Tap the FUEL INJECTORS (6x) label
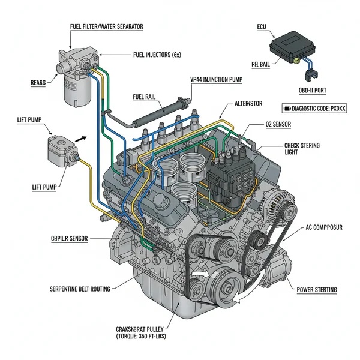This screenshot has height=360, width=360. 157,55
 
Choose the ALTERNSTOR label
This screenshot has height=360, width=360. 244,104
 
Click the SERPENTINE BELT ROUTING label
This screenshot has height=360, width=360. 80,289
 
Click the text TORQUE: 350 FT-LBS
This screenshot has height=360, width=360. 138,337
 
